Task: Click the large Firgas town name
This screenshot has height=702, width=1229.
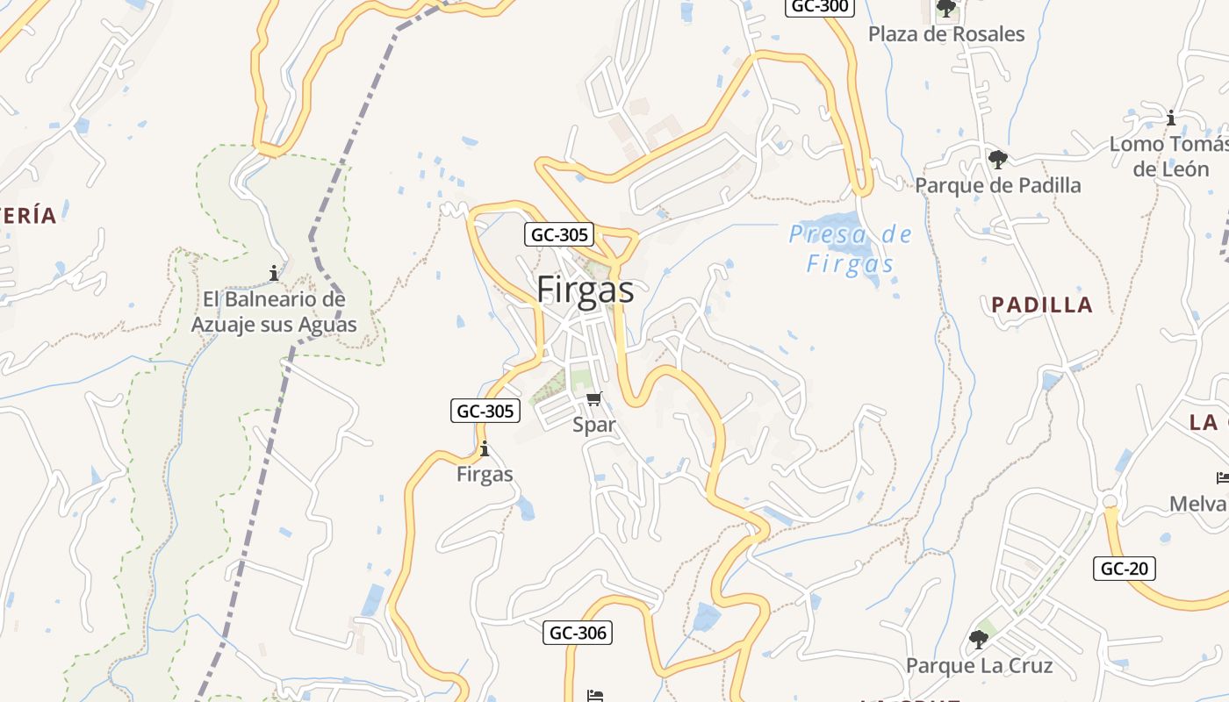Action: pyautogui.click(x=585, y=290)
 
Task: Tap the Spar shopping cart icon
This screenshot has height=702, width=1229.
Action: pyautogui.click(x=594, y=400)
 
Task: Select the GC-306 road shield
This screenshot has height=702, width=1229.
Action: pyautogui.click(x=577, y=633)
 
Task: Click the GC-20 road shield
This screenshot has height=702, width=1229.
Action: pyautogui.click(x=1124, y=569)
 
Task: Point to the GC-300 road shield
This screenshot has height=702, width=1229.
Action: pyautogui.click(x=819, y=7)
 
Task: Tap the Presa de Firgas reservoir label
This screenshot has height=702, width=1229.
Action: pyautogui.click(x=850, y=249)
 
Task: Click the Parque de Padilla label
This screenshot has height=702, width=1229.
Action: pyautogui.click(x=998, y=185)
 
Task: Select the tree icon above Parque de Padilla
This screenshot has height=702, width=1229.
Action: pyautogui.click(x=997, y=160)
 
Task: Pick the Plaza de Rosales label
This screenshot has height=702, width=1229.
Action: pyautogui.click(x=946, y=34)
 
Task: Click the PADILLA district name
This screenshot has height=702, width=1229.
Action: pyautogui.click(x=1042, y=305)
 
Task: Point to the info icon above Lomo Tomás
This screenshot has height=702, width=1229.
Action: pyautogui.click(x=1170, y=118)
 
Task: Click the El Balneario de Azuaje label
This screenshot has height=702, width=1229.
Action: pyautogui.click(x=274, y=312)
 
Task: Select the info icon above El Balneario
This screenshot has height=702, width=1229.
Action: pyautogui.click(x=274, y=274)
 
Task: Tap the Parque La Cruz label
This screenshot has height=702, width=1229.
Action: pyautogui.click(x=979, y=665)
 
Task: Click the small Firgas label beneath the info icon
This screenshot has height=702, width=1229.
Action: pyautogui.click(x=485, y=475)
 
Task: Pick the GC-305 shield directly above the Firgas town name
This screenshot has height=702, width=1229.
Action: pyautogui.click(x=559, y=234)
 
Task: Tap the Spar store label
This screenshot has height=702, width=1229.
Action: pyautogui.click(x=594, y=425)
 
